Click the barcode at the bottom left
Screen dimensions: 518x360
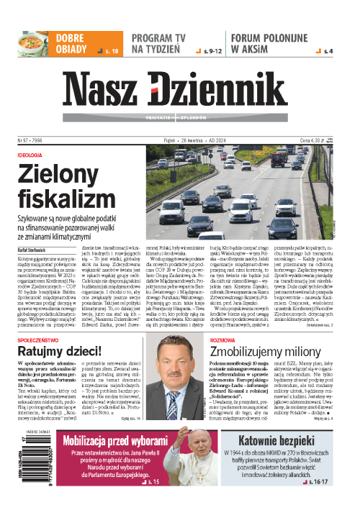tap(16, 467)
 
